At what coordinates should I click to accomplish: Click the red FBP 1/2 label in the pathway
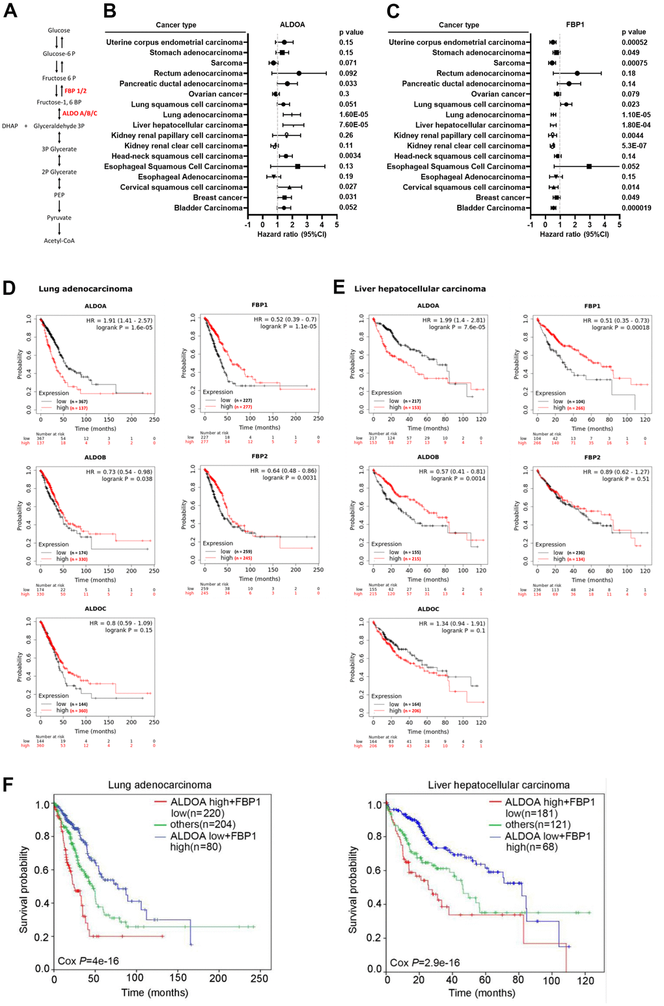point(75,91)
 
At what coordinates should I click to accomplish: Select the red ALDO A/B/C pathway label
point(79,114)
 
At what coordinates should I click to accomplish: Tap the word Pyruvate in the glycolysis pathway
point(59,218)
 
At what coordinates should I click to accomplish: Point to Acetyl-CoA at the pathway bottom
point(59,241)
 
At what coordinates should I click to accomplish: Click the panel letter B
point(109,11)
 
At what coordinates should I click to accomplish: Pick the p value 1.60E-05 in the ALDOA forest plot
point(353,115)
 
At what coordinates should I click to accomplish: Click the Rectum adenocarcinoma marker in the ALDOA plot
point(299,74)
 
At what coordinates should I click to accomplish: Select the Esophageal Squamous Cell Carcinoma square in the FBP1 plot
point(589,167)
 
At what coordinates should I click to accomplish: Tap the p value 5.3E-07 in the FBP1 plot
point(635,146)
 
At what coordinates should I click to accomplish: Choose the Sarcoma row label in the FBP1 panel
point(509,63)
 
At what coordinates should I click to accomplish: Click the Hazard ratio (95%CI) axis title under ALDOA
point(292,234)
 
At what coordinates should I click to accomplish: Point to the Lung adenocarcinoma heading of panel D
point(85,289)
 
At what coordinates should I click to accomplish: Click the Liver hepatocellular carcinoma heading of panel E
point(420,289)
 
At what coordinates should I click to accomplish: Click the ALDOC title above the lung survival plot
point(96,609)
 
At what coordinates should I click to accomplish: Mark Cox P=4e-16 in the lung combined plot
point(89,960)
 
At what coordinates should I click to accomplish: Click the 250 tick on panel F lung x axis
point(259,978)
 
